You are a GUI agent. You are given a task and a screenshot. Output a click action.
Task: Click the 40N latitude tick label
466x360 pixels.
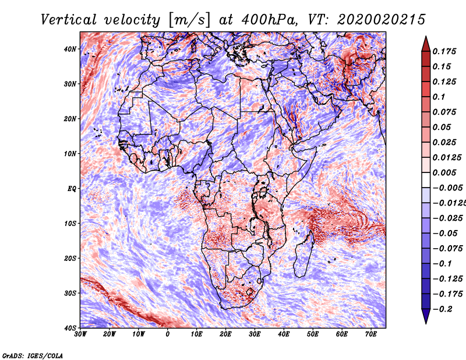click(70, 49)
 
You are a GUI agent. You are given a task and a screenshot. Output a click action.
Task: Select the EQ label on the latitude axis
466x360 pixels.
click(72, 189)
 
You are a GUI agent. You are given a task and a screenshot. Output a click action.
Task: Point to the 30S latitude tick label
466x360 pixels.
click(70, 294)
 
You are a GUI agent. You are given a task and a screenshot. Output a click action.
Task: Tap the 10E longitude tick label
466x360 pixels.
click(196, 334)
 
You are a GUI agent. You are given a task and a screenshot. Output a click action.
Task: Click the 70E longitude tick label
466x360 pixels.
click(371, 334)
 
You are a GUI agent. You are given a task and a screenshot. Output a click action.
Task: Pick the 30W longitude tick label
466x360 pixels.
click(80, 334)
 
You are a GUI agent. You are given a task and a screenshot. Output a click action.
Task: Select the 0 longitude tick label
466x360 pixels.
click(168, 334)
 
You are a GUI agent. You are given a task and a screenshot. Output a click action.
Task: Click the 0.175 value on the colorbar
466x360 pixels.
click(444, 52)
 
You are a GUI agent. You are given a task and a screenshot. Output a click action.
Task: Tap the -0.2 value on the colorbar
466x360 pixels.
click(443, 309)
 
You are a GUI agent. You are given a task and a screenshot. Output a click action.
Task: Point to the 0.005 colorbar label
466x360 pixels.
click(444, 172)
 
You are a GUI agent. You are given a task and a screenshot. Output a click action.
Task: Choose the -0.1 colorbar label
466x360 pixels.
click(443, 264)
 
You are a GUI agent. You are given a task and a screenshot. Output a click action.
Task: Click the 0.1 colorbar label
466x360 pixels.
click(439, 97)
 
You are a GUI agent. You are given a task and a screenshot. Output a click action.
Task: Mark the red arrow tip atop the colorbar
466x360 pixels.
click(426, 37)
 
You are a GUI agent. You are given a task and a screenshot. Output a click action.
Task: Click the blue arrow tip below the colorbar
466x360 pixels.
click(426, 323)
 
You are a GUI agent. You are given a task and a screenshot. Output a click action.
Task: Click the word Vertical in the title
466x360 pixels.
click(69, 20)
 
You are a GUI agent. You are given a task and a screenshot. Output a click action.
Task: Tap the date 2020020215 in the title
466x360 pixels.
click(382, 20)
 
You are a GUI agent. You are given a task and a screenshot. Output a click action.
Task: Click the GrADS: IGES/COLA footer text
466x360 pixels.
click(33, 356)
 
